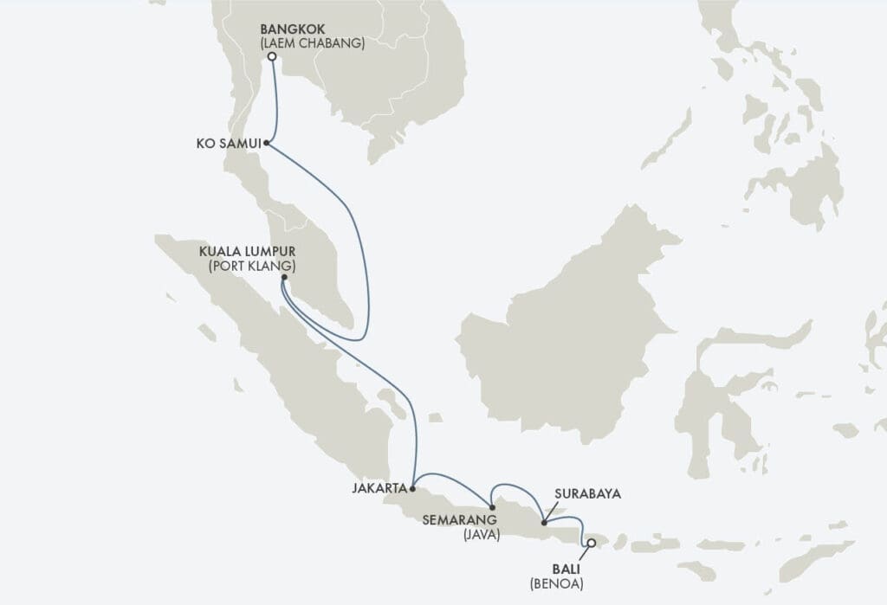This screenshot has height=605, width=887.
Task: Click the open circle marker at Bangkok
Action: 272,57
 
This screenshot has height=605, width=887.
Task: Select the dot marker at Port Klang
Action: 284,277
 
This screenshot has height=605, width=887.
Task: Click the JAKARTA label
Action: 379,488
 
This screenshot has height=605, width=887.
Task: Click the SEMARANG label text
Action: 459,520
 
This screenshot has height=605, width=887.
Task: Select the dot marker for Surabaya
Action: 543,522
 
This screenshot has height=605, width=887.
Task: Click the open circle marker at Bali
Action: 591,544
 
